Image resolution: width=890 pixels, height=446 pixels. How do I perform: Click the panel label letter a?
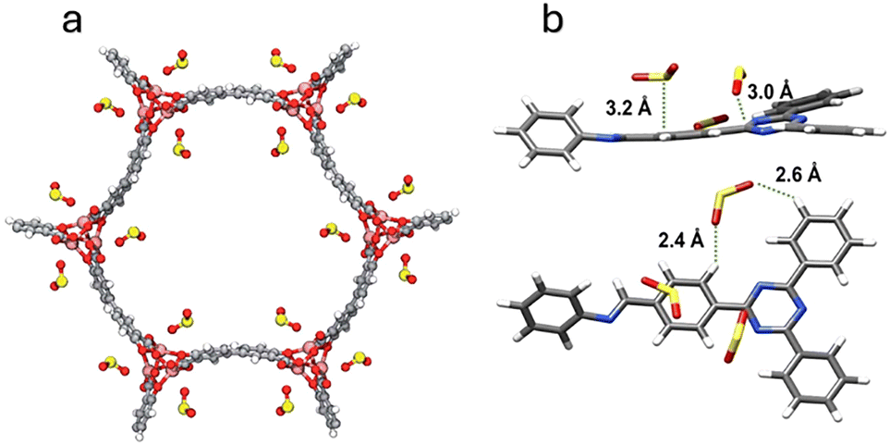pyautogui.click(x=74, y=20)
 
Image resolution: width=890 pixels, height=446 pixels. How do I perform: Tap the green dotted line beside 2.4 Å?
pyautogui.click(x=717, y=239)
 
